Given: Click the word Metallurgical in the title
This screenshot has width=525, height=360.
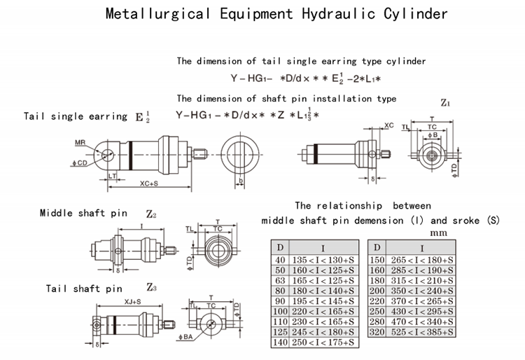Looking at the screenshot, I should pos(156,14).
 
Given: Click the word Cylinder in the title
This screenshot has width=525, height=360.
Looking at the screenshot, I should pos(414,14).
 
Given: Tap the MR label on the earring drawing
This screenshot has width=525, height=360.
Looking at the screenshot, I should pos(80,142).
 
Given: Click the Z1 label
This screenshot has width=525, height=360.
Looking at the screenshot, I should pos(444,103).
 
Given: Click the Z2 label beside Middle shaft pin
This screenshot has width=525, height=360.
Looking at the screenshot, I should pos(150,213).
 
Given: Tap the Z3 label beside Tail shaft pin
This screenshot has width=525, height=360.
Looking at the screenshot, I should pos(151,287).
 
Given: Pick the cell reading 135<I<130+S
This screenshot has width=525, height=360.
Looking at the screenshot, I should pos(323,261).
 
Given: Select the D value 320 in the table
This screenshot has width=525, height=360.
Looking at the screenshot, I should pos(377,331).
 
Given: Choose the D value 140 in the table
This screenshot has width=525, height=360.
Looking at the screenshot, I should pos(280,342).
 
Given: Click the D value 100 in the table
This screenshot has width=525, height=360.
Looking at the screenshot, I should pos(280,311).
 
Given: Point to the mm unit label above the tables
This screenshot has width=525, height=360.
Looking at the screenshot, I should pos(438,232).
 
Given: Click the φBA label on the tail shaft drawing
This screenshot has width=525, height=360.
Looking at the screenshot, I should pos(186,338).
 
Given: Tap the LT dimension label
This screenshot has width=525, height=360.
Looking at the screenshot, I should pos(112,175).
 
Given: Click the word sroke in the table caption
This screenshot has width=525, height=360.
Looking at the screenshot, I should pos(464,220).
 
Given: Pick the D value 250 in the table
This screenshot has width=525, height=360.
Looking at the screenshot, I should pos(377,311).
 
